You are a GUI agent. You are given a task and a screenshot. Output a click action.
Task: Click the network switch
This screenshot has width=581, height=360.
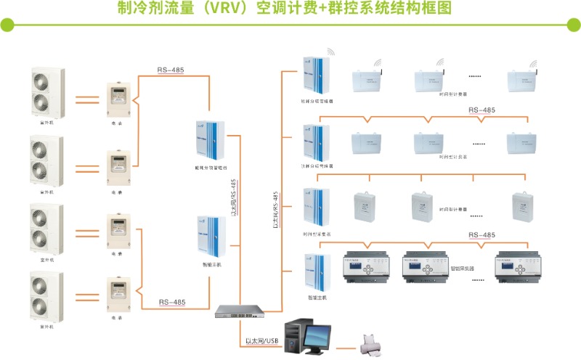237,312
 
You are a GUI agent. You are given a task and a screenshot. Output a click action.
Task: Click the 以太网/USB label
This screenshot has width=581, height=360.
262,340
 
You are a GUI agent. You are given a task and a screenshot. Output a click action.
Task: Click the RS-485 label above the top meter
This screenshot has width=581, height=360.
170,70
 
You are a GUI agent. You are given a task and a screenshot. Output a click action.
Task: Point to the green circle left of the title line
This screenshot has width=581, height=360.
7,26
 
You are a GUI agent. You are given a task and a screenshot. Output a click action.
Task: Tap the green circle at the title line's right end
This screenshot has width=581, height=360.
572,26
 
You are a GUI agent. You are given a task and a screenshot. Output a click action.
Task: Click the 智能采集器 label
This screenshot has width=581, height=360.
462,268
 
